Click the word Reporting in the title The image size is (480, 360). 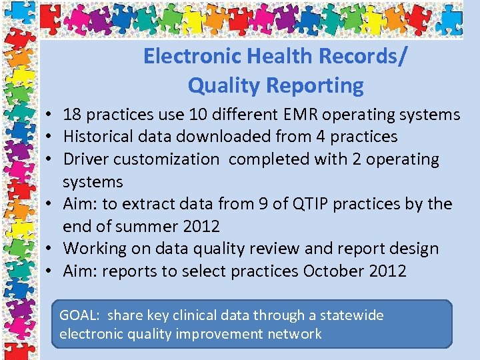click(315, 85)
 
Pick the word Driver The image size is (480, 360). click(85, 159)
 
